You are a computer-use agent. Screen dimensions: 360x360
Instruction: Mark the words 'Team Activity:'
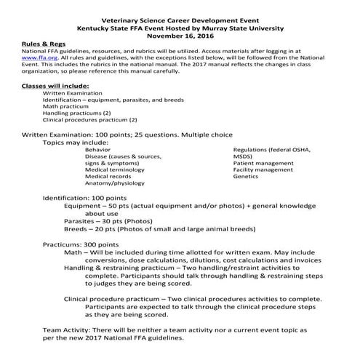(49, 330)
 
